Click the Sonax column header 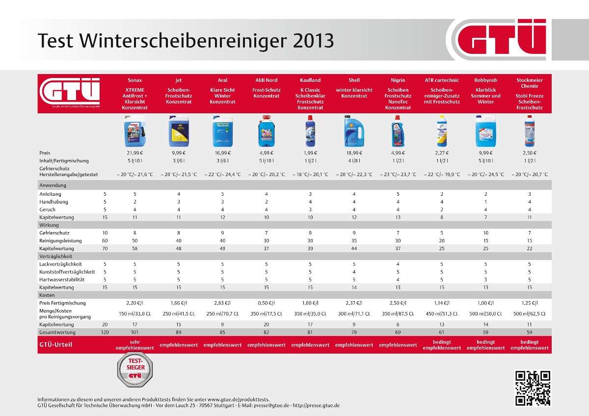pos(135,80)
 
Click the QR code pos(533,388)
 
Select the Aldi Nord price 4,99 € pos(267,153)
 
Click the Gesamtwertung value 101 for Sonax pos(135,332)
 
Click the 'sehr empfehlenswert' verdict pos(135,344)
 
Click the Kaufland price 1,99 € pos(310,153)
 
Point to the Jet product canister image pos(178,131)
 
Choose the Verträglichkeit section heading pos(56,256)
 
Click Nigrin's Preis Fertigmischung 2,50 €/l pos(398,303)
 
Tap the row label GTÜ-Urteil pos(55,344)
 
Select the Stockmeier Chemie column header pos(530,83)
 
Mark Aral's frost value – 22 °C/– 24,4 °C pos(223,174)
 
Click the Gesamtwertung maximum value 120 pos(105,332)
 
